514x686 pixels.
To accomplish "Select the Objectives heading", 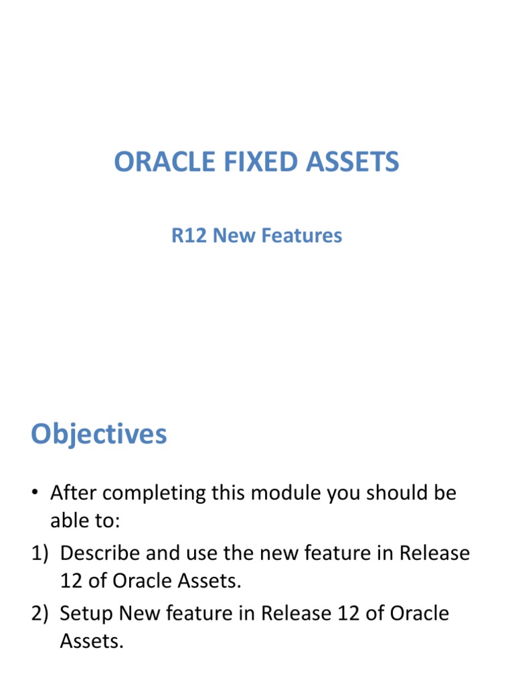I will click(99, 435).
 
